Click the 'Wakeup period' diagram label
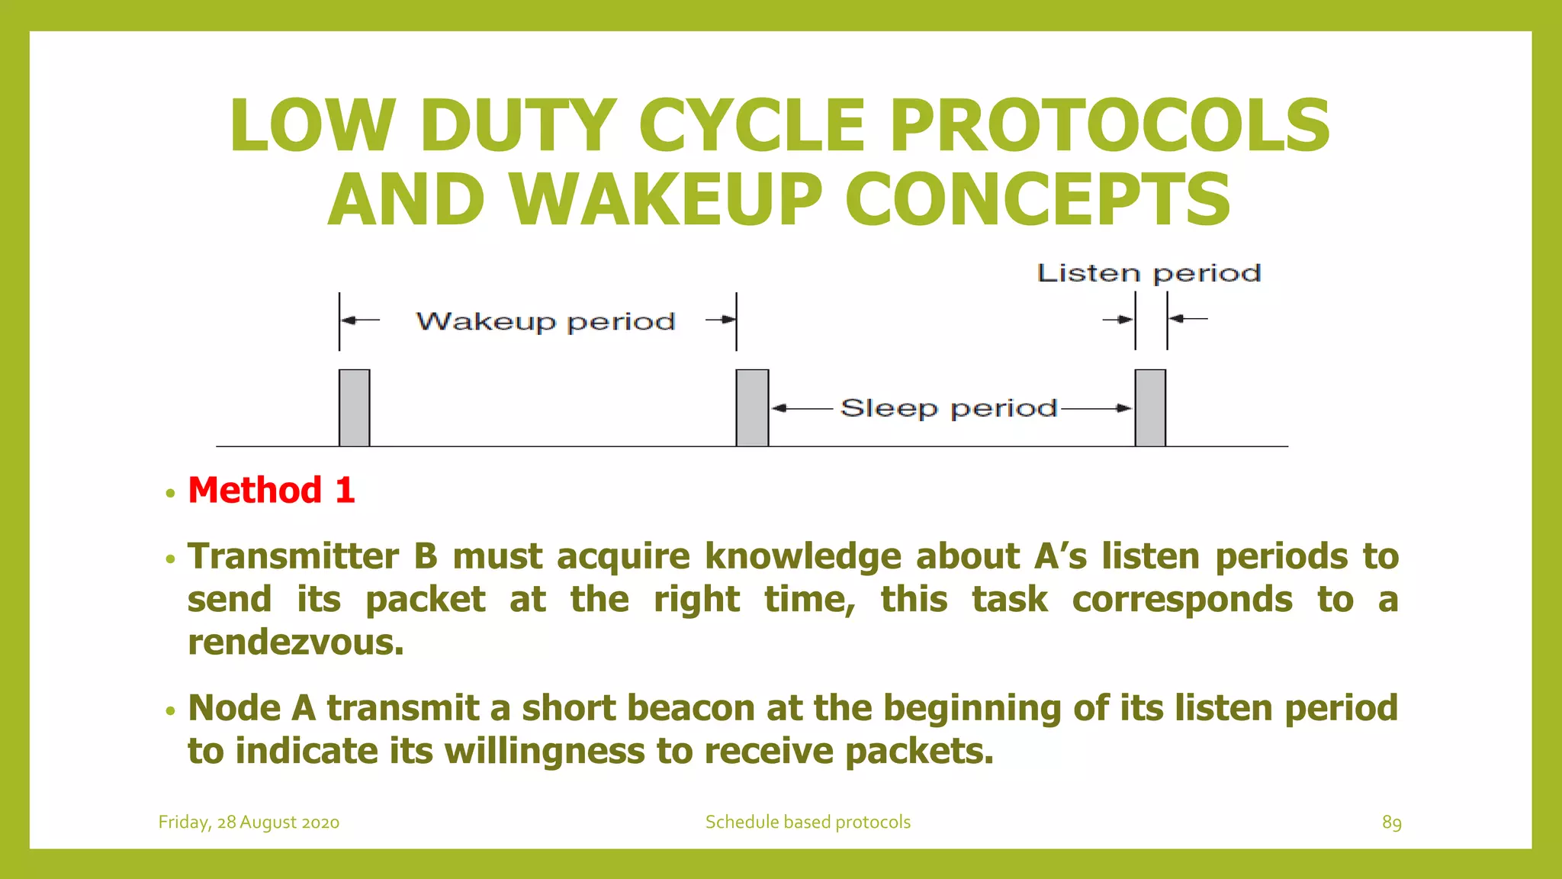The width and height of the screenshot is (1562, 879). click(x=545, y=321)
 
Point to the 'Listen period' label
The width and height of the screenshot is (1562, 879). click(x=1149, y=273)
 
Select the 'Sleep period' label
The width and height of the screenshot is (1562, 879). click(x=949, y=408)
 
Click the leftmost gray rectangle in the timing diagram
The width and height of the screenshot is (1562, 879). click(x=355, y=407)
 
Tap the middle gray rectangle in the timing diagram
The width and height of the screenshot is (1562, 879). click(x=752, y=407)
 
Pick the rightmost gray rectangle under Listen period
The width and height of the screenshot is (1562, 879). click(x=1150, y=407)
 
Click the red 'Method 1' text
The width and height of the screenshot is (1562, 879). click(x=272, y=490)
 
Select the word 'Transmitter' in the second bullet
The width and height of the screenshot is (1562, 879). click(x=293, y=556)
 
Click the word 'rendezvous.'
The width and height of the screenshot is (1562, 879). click(x=296, y=642)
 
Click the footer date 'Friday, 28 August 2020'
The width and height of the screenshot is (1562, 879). click(x=249, y=822)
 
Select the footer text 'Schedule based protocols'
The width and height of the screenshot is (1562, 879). click(x=808, y=822)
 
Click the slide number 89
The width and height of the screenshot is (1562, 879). click(x=1391, y=822)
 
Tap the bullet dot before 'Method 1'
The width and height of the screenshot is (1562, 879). click(x=170, y=493)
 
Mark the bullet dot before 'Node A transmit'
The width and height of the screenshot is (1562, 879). click(x=170, y=711)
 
